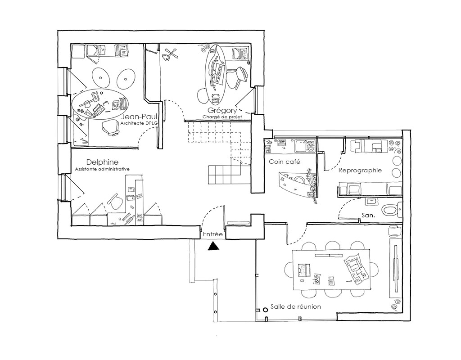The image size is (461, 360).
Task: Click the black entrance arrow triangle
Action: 213,246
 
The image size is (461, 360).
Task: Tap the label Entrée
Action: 213,234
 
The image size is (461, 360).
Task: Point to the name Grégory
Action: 222,111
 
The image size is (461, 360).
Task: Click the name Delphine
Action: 102,162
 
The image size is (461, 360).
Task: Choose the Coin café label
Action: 285,162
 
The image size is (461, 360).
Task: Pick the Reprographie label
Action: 360,171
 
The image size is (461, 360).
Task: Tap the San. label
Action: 368,216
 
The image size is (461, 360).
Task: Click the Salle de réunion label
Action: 295,306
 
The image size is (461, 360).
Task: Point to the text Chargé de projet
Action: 222,117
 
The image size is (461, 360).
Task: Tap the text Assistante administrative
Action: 102,169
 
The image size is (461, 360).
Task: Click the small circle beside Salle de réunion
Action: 265,310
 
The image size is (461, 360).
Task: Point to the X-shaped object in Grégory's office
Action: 170,55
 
